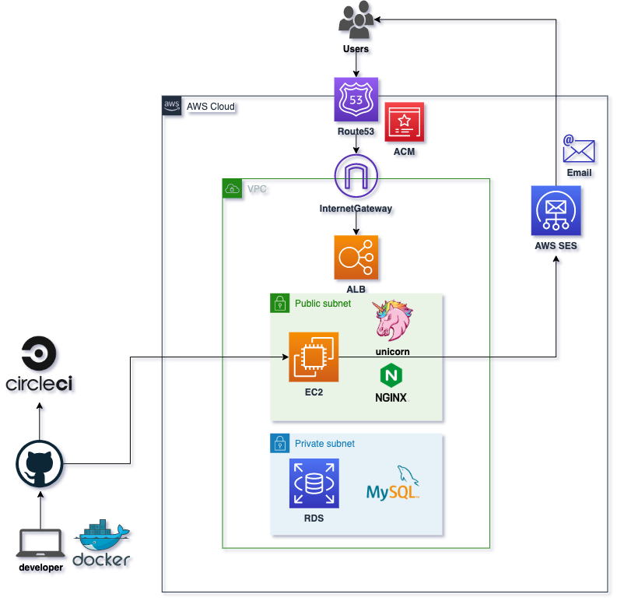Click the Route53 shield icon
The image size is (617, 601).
pyautogui.click(x=357, y=100)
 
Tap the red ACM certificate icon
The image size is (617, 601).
pyautogui.click(x=404, y=121)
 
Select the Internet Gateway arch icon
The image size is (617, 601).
pyautogui.click(x=357, y=177)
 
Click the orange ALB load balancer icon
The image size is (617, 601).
pyautogui.click(x=357, y=257)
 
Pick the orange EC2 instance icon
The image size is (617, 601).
pyautogui.click(x=314, y=357)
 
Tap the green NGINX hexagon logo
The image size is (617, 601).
pyautogui.click(x=391, y=376)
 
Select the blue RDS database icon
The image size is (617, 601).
pyautogui.click(x=314, y=484)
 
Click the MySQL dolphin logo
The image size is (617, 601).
pyautogui.click(x=394, y=484)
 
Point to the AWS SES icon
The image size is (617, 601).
pyautogui.click(x=556, y=211)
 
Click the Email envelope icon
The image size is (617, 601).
pyautogui.click(x=580, y=150)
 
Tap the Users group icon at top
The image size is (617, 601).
pyautogui.click(x=357, y=21)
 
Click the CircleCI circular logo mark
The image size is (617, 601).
pyautogui.click(x=40, y=354)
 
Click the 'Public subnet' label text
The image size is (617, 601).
pyautogui.click(x=322, y=304)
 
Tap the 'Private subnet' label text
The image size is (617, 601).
pyautogui.click(x=324, y=444)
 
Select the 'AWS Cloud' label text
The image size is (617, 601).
pyautogui.click(x=210, y=107)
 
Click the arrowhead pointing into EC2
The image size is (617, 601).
pyautogui.click(x=284, y=357)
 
